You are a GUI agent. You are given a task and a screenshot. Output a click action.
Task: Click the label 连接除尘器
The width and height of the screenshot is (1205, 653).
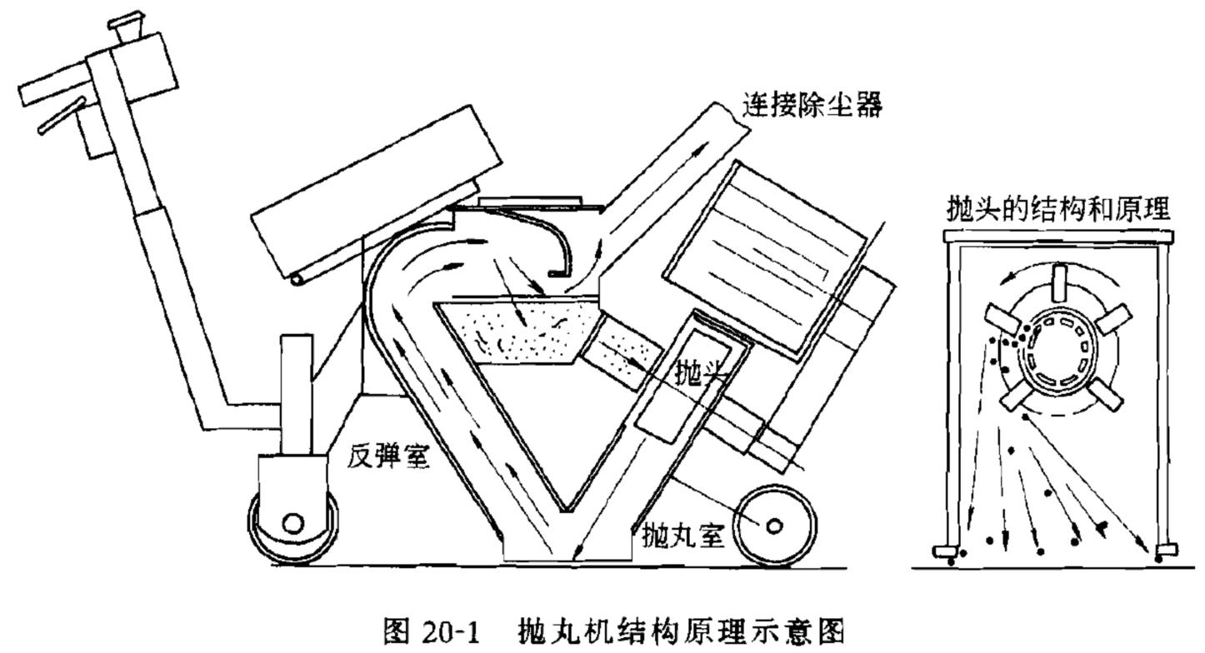tap(812, 107)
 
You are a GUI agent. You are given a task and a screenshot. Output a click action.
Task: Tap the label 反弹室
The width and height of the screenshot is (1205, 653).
tap(390, 456)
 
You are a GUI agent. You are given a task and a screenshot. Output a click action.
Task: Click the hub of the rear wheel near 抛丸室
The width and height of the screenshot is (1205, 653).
tap(773, 526)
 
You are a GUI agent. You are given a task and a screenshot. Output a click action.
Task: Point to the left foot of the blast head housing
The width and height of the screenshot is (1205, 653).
tap(944, 551)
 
